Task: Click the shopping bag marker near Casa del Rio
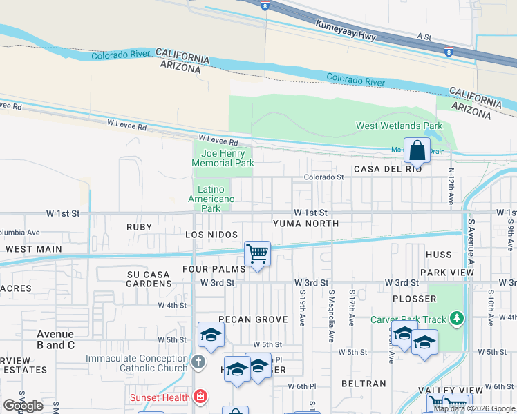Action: point(417,150)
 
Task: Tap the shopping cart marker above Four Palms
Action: point(257,253)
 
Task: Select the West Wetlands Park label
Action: point(399,126)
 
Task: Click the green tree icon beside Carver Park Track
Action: point(455,318)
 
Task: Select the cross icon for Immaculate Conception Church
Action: point(198,362)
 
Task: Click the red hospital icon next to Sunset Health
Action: point(200,397)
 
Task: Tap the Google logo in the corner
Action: point(23,406)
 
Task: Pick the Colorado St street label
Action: point(324,177)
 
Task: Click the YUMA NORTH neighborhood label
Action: point(305,224)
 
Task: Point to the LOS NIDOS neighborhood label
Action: point(211,235)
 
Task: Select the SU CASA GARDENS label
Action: point(149,279)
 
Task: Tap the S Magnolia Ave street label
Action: point(332,307)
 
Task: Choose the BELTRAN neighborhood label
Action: point(364,383)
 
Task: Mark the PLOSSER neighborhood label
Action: point(414,299)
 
